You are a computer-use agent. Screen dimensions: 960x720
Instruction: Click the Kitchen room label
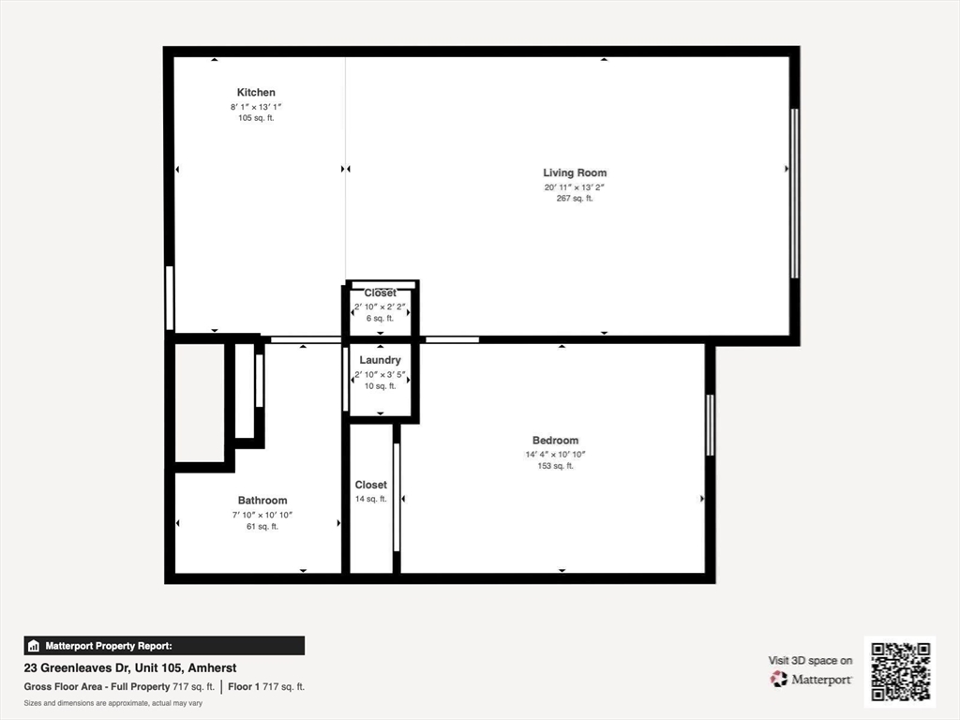[x=256, y=93]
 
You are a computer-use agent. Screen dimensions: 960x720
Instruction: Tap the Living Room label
[x=575, y=172]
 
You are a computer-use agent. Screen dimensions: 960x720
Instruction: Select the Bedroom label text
[x=555, y=441]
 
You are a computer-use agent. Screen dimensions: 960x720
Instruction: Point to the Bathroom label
[x=262, y=501]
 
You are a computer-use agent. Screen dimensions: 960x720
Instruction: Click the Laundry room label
[x=381, y=360]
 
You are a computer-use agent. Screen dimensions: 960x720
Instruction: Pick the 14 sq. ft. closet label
[x=371, y=499]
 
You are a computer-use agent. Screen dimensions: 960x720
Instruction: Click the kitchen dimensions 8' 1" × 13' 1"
[x=256, y=107]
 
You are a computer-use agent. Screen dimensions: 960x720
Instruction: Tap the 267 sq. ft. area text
[x=575, y=199]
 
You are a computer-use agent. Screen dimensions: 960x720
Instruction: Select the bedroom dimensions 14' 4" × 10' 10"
[x=555, y=455]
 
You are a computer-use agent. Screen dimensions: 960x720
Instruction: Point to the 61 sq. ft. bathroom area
[x=262, y=527]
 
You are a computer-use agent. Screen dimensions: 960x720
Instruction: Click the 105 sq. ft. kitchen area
[x=256, y=118]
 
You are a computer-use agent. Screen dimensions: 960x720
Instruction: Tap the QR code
[x=900, y=671]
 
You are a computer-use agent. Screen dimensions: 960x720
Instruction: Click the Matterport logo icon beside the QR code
[x=779, y=679]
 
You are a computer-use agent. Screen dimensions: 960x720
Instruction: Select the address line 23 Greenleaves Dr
[x=130, y=667]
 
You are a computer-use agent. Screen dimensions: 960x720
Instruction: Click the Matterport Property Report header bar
[x=164, y=646]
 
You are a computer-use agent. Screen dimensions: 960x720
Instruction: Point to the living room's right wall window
[x=795, y=193]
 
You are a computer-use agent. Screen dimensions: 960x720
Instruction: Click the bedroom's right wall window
[x=711, y=425]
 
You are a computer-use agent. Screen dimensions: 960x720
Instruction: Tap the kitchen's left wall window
[x=170, y=298]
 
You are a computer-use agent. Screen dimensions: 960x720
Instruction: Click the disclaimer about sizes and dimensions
[x=113, y=703]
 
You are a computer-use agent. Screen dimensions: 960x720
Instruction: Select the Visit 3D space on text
[x=810, y=661]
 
